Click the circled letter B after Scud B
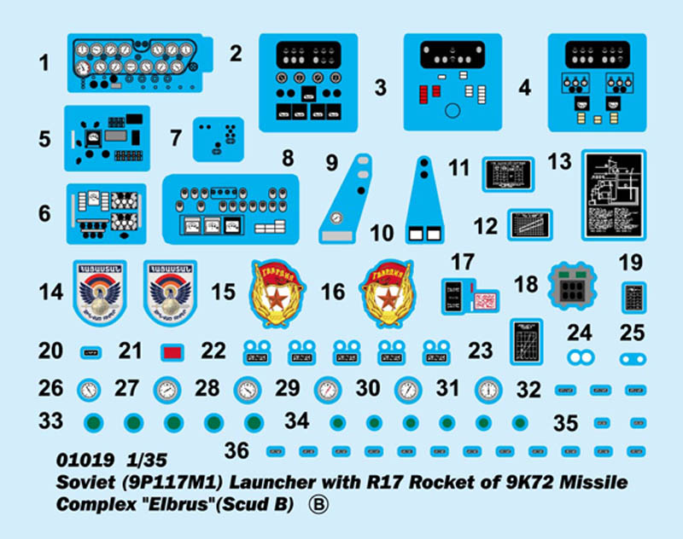tap(318, 504)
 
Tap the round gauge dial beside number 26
tap(89, 390)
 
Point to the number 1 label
tap(44, 62)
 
